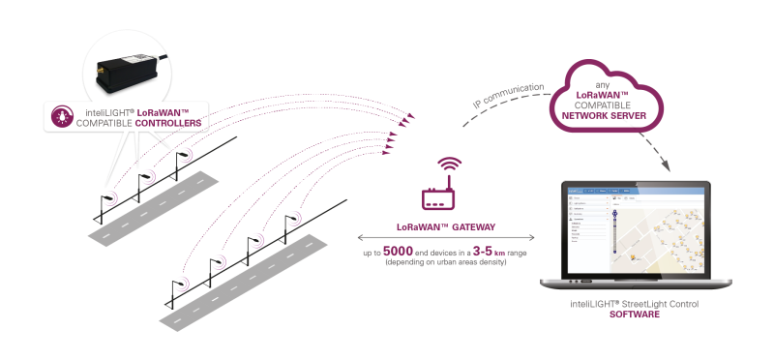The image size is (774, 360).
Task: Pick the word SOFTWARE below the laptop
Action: [x=634, y=316]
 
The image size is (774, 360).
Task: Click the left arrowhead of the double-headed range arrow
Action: [x=361, y=236]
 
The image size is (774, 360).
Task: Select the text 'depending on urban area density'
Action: [x=446, y=262]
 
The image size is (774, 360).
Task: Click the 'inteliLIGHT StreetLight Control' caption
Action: [x=634, y=305]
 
